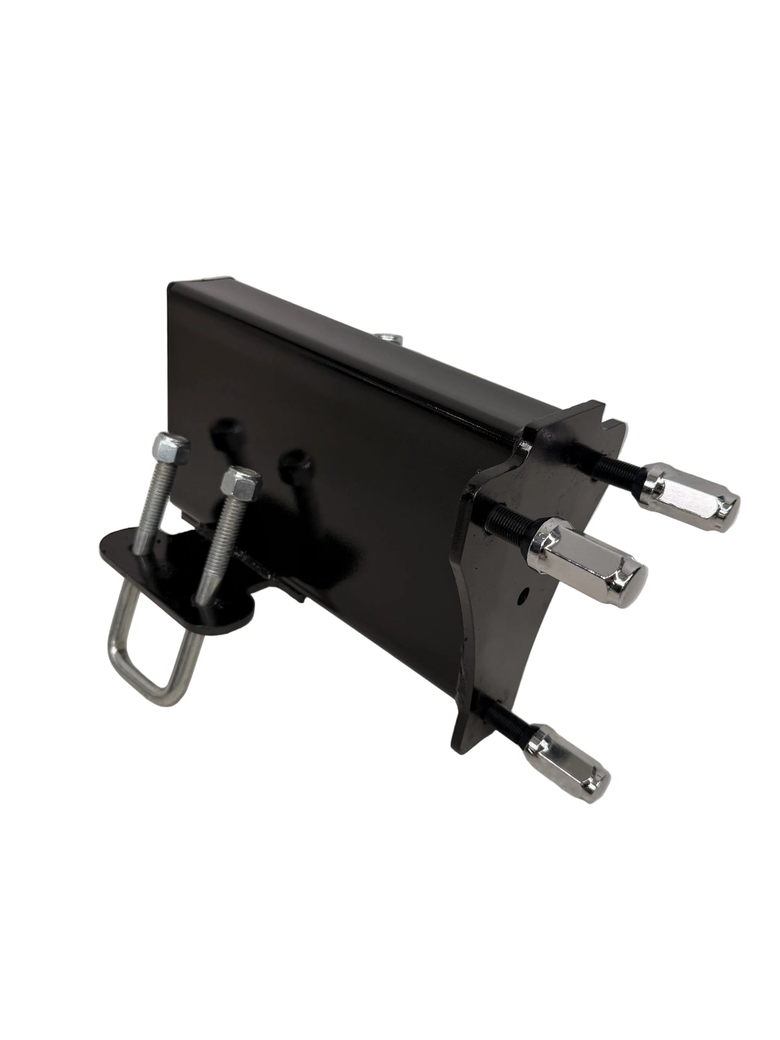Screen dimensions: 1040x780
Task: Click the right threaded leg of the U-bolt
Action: coord(221,534)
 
